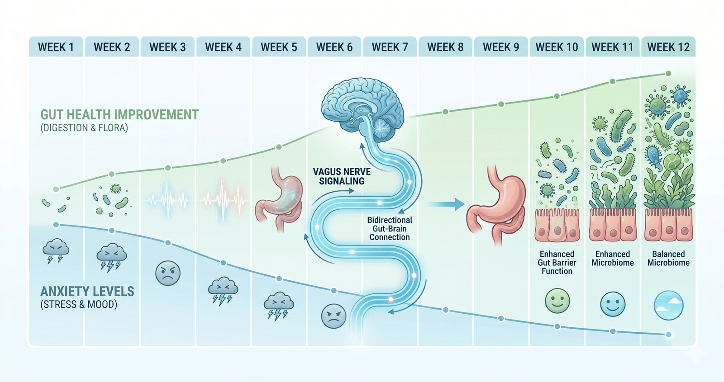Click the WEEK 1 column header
click(x=56, y=47)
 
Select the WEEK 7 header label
click(x=390, y=47)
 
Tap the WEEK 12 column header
click(x=668, y=47)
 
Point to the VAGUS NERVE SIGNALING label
click(x=342, y=176)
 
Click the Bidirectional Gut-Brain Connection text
click(x=389, y=228)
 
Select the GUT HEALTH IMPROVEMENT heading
click(x=119, y=115)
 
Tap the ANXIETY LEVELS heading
click(x=87, y=292)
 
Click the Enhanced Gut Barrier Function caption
click(x=557, y=263)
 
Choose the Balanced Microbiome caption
click(x=668, y=258)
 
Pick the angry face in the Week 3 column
click(x=167, y=273)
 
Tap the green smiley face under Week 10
click(x=557, y=301)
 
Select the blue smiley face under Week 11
click(x=613, y=304)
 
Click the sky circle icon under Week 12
click(x=668, y=305)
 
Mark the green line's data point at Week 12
click(x=668, y=74)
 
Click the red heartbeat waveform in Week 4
click(x=224, y=199)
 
